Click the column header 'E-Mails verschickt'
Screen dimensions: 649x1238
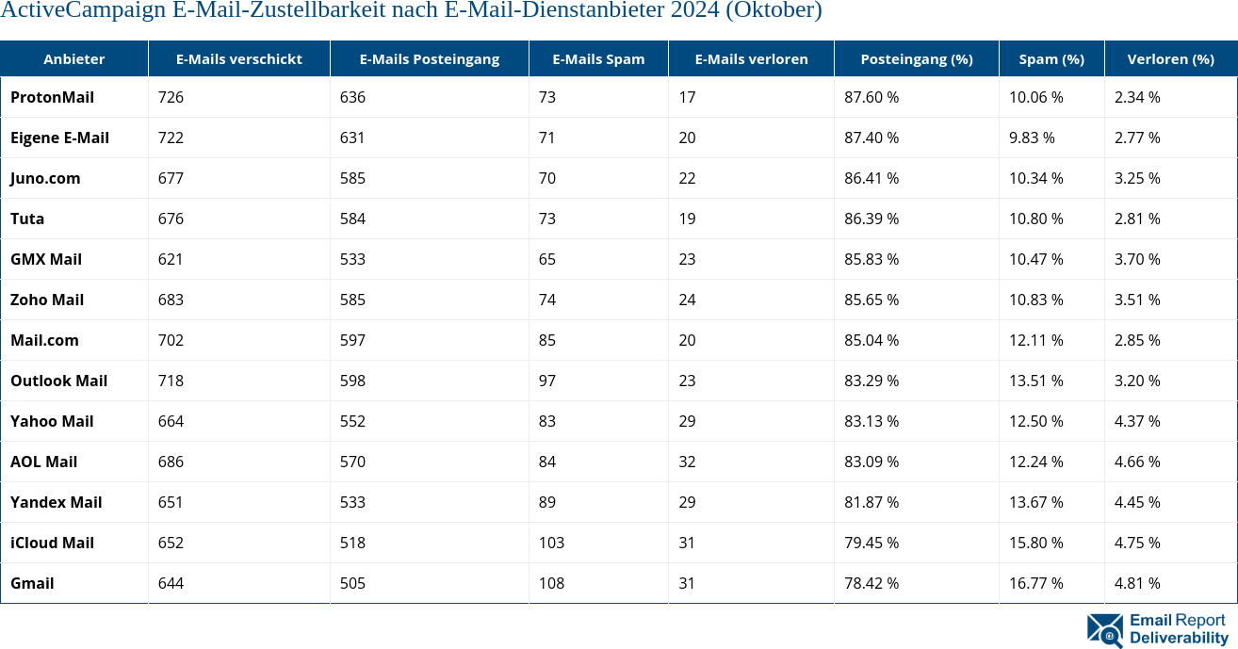pyautogui.click(x=238, y=58)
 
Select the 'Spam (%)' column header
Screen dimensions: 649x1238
pyautogui.click(x=1051, y=58)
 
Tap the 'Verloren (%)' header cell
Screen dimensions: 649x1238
pyautogui.click(x=1170, y=58)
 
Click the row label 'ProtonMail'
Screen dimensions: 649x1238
pyautogui.click(x=52, y=97)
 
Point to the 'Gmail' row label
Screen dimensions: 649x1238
pyautogui.click(x=32, y=583)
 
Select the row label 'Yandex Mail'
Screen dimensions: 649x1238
pyautogui.click(x=56, y=502)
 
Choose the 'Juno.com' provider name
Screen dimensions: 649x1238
pyautogui.click(x=45, y=178)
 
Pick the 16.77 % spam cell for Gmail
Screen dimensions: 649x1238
pyautogui.click(x=1035, y=583)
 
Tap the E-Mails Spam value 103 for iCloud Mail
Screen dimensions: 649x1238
pyautogui.click(x=551, y=543)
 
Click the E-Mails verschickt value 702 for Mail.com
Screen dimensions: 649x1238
pyautogui.click(x=171, y=340)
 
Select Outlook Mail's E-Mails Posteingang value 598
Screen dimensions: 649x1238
pyautogui.click(x=352, y=381)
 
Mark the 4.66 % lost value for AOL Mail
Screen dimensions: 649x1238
pyautogui.click(x=1137, y=462)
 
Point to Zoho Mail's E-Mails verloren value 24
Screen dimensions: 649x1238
pyautogui.click(x=687, y=300)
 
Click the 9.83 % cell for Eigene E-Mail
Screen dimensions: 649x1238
pyautogui.click(x=1032, y=138)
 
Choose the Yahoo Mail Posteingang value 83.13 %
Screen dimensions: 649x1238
pyautogui.click(x=871, y=421)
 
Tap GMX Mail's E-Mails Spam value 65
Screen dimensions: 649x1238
pyautogui.click(x=546, y=259)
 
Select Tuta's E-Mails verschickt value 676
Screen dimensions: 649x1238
pyautogui.click(x=171, y=219)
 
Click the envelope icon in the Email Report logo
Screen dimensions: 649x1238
pyautogui.click(x=1104, y=629)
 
